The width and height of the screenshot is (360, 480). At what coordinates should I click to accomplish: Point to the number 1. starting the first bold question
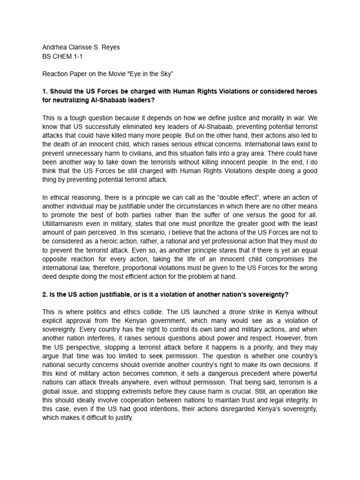pos(45,91)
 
